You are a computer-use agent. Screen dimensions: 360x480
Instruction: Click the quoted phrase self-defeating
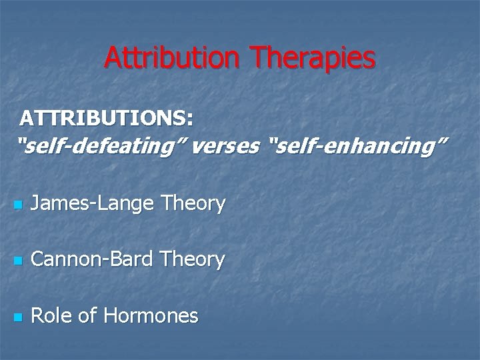click(x=101, y=145)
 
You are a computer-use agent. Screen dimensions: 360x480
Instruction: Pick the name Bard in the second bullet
click(x=129, y=259)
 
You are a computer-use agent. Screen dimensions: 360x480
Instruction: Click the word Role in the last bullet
click(x=52, y=315)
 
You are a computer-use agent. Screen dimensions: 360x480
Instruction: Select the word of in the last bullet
click(x=87, y=315)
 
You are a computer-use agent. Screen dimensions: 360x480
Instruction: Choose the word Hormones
click(x=151, y=315)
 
